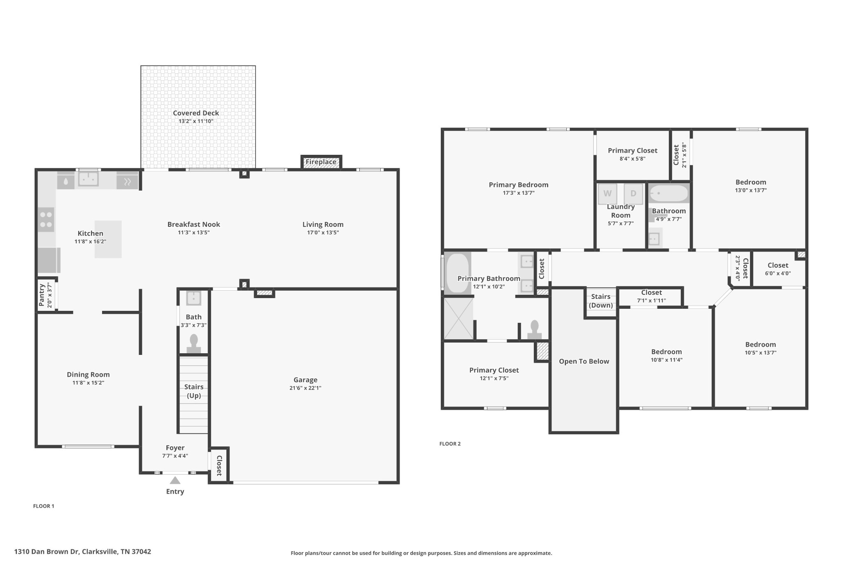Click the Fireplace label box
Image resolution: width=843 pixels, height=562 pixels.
point(321,162)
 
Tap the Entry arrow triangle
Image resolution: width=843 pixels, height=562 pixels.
point(175,480)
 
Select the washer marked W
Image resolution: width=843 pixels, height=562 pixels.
point(608,194)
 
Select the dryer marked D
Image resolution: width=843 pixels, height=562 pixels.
point(633,194)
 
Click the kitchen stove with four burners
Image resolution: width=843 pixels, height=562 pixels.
point(46,219)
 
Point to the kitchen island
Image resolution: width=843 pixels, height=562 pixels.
point(108,239)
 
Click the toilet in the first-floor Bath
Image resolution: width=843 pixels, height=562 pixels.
point(193,344)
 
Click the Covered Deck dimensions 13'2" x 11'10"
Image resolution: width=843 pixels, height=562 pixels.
point(196,121)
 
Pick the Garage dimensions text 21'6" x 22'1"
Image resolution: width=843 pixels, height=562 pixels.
point(305,388)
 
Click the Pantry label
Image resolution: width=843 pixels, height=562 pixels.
point(42,295)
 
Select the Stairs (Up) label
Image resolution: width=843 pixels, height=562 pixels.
point(194,391)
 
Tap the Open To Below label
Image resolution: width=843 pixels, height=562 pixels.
point(584,361)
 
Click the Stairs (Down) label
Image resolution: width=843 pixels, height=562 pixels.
point(601,301)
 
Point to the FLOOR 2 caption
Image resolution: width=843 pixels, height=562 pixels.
point(450,444)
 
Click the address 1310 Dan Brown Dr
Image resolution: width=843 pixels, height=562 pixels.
point(47,552)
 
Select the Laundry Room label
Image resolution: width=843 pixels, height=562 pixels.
point(621,211)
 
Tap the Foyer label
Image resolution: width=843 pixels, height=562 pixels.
point(175,448)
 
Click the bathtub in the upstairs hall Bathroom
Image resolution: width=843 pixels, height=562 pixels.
point(669,193)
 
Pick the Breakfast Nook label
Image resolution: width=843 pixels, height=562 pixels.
point(193,224)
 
